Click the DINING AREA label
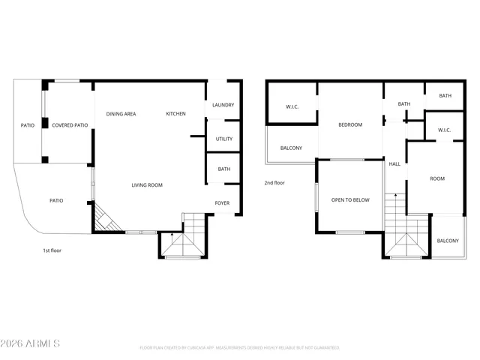point(121,114)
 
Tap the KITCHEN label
point(175,114)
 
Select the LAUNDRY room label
point(223,105)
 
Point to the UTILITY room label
point(223,139)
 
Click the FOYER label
point(223,203)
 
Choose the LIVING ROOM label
point(147,185)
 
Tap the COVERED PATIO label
point(70,125)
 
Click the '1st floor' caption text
point(52,250)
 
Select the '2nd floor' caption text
point(274,183)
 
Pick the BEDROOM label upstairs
point(349,124)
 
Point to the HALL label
point(394,163)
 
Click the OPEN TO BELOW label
point(350,200)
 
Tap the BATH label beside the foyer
point(223,169)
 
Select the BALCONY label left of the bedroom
point(291,148)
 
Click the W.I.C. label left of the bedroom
point(292,107)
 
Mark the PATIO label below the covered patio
point(56,200)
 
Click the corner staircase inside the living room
point(105,219)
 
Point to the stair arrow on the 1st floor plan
point(172,236)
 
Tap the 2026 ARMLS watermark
point(31,343)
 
